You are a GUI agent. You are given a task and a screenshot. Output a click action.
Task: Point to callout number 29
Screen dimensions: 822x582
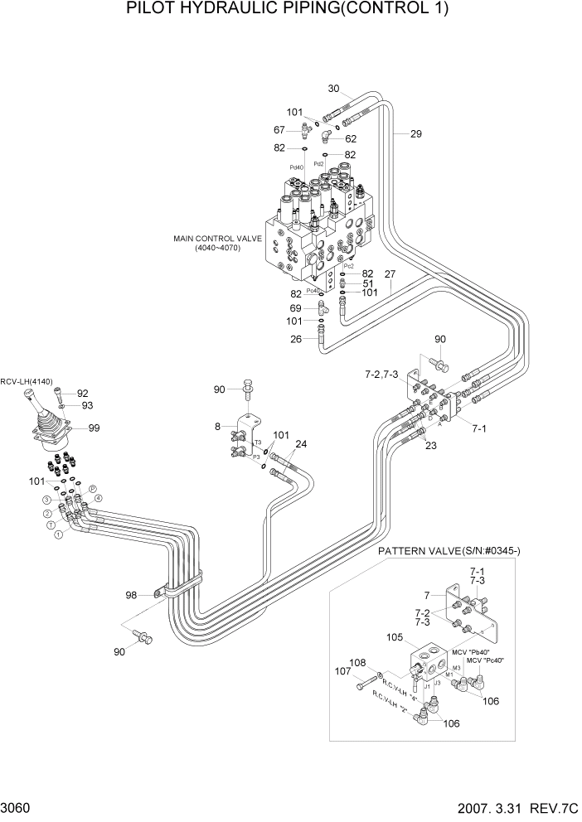pos(415,133)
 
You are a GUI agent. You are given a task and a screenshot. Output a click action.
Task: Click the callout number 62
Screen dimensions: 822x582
pos(351,139)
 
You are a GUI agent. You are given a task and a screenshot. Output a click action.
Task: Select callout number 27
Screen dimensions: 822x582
pos(390,274)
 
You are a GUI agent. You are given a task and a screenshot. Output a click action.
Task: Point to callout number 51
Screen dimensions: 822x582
pos(366,283)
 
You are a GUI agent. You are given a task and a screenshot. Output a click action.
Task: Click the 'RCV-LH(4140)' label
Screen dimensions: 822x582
pos(27,381)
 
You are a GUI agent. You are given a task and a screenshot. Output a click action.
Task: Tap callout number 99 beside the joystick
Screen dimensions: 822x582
pos(93,428)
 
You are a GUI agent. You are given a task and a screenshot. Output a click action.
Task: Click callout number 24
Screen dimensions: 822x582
pos(300,444)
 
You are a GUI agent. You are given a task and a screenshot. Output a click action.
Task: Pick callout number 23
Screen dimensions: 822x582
pos(430,445)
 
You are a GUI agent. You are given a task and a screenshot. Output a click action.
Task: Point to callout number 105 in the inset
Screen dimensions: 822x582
pos(395,638)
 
